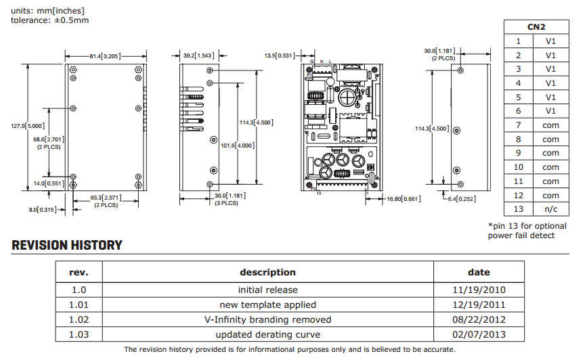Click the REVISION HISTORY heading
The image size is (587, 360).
pos(67,246)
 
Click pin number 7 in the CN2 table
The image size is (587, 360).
pos(519,125)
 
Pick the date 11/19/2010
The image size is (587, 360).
pos(479,290)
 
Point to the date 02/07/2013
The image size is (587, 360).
pos(479,334)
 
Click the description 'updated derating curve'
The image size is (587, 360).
pos(268,334)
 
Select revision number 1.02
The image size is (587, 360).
pos(79,319)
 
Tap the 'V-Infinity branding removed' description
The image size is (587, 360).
pos(268,319)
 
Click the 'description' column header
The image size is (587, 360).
pos(268,273)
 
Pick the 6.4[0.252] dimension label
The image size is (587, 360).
pos(462,199)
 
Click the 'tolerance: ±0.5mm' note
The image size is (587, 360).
pos(49,20)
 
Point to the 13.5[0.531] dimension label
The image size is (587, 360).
pos(280,55)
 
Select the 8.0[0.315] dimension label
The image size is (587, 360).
pos(42,210)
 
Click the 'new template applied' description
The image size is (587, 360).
pos(268,305)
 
